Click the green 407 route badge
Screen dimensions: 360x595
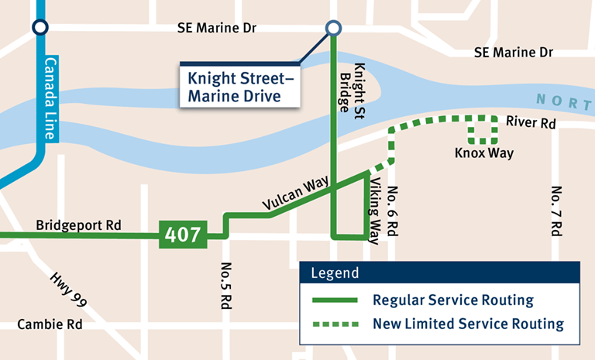tap(184, 234)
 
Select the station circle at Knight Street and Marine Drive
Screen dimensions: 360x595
tap(333, 29)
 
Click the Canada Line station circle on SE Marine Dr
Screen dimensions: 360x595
tap(40, 28)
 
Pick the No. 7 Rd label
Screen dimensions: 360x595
tap(555, 211)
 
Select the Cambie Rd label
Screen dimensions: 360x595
tap(50, 324)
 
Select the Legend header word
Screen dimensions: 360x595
tap(335, 273)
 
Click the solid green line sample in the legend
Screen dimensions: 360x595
tap(334, 300)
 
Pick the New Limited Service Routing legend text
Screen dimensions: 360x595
tap(468, 324)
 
